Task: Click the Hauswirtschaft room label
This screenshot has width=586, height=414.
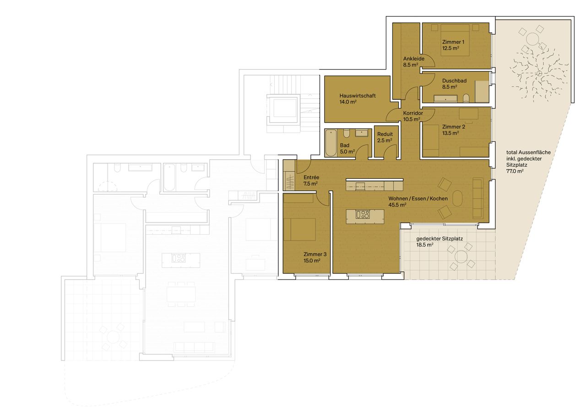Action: click(x=358, y=96)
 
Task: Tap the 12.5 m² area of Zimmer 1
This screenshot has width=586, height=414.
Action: click(x=450, y=48)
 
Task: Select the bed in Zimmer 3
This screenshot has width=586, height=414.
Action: click(x=300, y=229)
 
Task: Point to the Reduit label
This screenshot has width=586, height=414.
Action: click(x=385, y=134)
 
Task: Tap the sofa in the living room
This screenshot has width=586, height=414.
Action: click(x=477, y=198)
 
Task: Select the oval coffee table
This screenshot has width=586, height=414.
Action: click(x=458, y=199)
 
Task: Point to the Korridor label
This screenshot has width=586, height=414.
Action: click(x=412, y=113)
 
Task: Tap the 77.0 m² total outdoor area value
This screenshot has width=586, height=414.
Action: click(x=515, y=171)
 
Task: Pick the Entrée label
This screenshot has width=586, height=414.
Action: click(x=311, y=177)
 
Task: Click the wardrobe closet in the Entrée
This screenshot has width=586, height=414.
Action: click(x=289, y=175)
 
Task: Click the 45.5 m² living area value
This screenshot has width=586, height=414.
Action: click(x=397, y=205)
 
